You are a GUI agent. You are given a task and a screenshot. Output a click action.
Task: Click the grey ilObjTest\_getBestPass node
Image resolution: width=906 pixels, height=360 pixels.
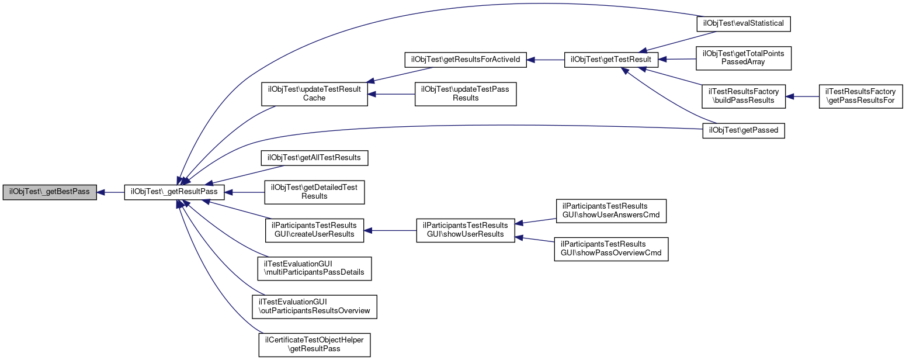[50, 192]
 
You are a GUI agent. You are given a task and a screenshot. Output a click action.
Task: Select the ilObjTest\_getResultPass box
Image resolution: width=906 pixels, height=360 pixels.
[174, 192]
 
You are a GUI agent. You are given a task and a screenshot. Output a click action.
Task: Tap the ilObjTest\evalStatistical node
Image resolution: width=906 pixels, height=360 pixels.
[744, 24]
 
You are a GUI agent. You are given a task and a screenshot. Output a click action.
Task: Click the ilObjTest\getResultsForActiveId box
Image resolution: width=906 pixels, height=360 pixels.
[466, 60]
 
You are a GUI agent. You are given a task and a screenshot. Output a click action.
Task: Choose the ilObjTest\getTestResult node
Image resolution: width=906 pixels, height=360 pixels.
[611, 60]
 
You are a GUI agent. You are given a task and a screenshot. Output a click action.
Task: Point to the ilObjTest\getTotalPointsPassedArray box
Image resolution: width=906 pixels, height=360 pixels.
[744, 58]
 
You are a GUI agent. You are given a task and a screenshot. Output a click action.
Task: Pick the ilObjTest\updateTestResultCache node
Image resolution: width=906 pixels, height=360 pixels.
[314, 94]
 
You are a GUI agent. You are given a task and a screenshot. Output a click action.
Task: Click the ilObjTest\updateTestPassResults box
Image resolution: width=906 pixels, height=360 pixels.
[466, 94]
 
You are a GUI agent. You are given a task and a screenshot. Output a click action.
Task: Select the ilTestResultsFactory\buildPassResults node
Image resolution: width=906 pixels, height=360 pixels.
[744, 96]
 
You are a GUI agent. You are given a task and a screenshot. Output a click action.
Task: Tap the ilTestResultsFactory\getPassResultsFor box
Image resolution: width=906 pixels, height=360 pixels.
[860, 96]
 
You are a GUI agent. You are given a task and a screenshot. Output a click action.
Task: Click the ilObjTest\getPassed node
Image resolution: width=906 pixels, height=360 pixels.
[744, 131]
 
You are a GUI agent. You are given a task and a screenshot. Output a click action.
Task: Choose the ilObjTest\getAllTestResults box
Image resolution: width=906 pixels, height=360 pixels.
[314, 158]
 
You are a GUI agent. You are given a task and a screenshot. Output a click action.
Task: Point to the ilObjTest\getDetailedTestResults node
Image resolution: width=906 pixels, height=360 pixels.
[314, 192]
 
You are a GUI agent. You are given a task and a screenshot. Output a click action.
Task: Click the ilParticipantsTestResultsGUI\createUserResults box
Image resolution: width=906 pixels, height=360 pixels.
[314, 231]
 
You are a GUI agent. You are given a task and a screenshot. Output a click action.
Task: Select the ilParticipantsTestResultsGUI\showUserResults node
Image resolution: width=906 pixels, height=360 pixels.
[466, 231]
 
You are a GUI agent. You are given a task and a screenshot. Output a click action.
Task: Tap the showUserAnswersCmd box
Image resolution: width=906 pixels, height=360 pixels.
[611, 211]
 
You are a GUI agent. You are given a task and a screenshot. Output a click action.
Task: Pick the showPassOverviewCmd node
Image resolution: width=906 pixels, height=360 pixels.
[611, 249]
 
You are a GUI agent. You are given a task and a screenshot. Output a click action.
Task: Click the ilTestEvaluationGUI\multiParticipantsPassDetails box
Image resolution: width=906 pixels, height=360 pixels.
[314, 269]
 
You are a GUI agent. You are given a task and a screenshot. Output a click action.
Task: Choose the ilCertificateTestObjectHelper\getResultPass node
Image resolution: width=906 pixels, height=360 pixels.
[314, 345]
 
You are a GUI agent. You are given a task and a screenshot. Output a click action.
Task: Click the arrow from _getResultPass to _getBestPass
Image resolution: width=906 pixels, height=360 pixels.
[111, 192]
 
